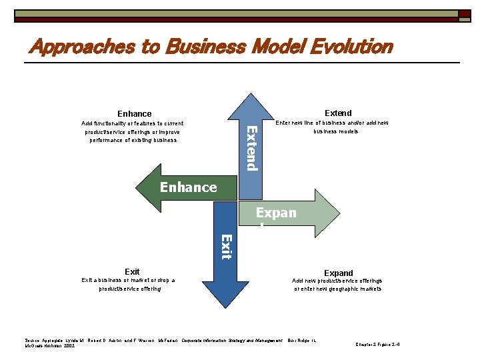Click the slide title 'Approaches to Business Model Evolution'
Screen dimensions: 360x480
point(211,47)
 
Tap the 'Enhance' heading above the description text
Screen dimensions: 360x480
point(134,114)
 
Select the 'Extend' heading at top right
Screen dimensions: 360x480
point(338,113)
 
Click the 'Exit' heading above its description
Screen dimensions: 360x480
point(132,271)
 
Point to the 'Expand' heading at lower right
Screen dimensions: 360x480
point(338,273)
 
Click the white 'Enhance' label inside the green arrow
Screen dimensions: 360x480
point(188,187)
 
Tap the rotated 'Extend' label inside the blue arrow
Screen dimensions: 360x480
point(251,147)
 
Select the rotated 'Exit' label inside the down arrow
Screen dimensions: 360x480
point(226,246)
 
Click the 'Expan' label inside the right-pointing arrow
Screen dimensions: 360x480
point(277,213)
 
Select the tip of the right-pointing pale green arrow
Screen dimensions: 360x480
point(338,213)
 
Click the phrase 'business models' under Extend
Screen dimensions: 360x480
point(336,131)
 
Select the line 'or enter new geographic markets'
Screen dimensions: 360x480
point(338,289)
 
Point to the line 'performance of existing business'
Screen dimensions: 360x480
point(133,140)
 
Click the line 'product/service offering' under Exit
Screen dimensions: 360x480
point(130,289)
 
